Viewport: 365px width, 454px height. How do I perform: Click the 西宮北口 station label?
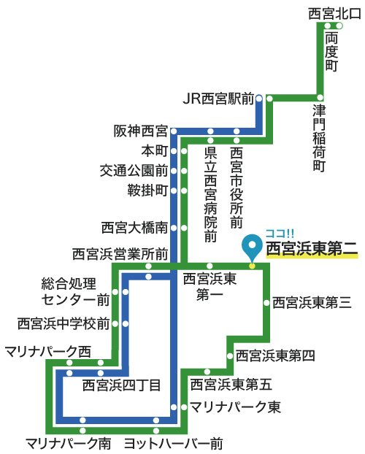click(x=334, y=14)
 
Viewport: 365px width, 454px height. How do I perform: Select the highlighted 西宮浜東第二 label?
click(x=312, y=249)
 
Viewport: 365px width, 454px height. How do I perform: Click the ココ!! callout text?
click(x=280, y=233)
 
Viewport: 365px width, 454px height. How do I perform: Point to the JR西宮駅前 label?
click(x=218, y=99)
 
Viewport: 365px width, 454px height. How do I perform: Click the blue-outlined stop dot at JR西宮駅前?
click(x=259, y=99)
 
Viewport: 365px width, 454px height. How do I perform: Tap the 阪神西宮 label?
click(x=141, y=131)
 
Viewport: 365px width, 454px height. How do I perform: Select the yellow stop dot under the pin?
click(x=252, y=266)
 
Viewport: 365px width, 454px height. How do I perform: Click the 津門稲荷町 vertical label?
click(x=319, y=138)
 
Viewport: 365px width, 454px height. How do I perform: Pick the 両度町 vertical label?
click(x=331, y=52)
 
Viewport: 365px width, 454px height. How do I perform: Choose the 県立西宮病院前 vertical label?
click(x=210, y=195)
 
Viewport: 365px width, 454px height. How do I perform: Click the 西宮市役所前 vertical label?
click(x=237, y=188)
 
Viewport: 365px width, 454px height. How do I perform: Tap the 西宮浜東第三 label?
click(x=312, y=303)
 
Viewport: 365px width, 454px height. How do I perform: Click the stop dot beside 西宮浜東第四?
click(x=230, y=356)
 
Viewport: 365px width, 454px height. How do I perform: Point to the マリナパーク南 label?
click(x=69, y=444)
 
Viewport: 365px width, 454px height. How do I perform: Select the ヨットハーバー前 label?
click(x=174, y=444)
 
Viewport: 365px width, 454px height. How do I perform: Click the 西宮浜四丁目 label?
click(x=121, y=385)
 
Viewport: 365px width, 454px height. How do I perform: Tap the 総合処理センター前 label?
click(x=75, y=291)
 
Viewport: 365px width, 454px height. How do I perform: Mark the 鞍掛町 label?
click(x=147, y=191)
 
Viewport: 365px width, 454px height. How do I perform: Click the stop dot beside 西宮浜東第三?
click(x=266, y=303)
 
